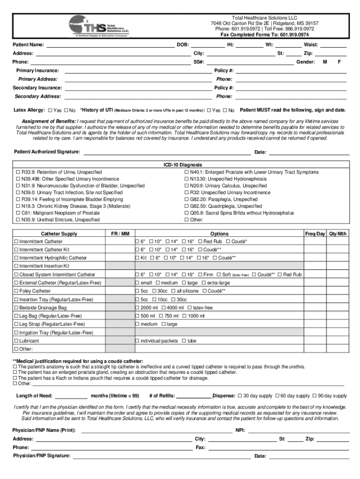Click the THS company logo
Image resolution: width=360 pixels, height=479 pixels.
[x=100, y=26]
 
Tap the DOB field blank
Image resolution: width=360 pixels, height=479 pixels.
[x=208, y=45]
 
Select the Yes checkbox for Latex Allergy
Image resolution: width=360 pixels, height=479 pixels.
[x=50, y=110]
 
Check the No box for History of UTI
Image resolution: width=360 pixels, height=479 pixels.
[x=225, y=110]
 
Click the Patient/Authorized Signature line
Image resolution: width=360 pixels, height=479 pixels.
[x=166, y=152]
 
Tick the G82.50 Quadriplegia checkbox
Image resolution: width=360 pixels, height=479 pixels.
[x=187, y=206]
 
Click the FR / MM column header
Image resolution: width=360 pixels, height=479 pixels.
[x=120, y=233]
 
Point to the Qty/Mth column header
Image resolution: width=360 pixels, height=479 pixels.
[x=338, y=233]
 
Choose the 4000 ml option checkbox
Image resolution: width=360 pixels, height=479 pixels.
[x=164, y=308]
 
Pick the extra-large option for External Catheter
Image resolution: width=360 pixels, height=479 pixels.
[x=204, y=283]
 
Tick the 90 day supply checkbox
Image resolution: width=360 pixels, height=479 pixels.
[x=315, y=396]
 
